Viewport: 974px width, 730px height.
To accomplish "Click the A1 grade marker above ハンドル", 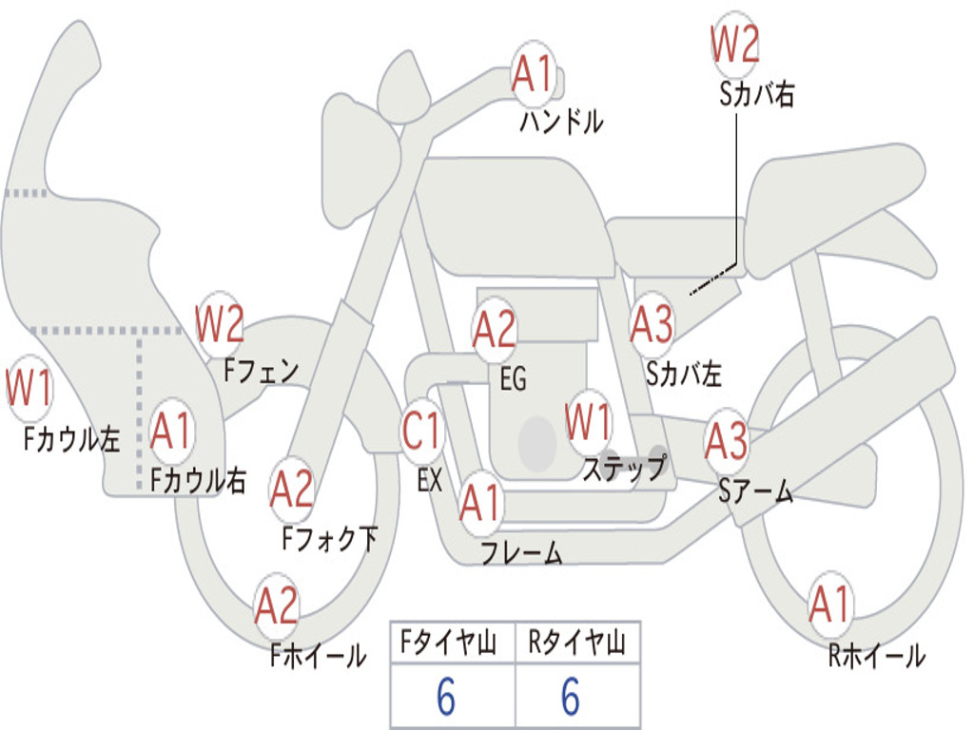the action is click(x=533, y=74).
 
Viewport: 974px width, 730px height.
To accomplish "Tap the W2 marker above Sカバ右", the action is click(x=735, y=44).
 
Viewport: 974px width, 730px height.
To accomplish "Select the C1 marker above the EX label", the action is click(x=421, y=431).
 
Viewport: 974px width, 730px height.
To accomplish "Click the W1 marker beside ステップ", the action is click(x=588, y=421).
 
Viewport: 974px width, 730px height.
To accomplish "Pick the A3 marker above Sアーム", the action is click(x=726, y=441).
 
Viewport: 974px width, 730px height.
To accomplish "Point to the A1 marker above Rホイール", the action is click(x=829, y=604).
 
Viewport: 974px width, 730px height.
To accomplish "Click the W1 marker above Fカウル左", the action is click(x=29, y=388).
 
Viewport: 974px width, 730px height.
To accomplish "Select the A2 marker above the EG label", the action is click(x=495, y=329).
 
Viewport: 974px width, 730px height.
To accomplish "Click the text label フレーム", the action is click(x=522, y=552).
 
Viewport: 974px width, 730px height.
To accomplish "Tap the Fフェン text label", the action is click(x=261, y=371).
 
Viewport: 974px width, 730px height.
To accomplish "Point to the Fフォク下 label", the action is click(x=329, y=538).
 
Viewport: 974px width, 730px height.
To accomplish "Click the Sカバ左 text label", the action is click(x=683, y=373).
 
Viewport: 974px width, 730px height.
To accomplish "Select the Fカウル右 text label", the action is click(x=198, y=480).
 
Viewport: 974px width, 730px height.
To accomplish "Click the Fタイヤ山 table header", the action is click(x=449, y=642).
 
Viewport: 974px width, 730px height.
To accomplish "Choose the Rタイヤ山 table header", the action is click(x=576, y=642).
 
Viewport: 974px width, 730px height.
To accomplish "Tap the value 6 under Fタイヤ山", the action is click(x=446, y=696).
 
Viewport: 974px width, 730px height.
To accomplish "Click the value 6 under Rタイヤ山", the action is click(x=571, y=696).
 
